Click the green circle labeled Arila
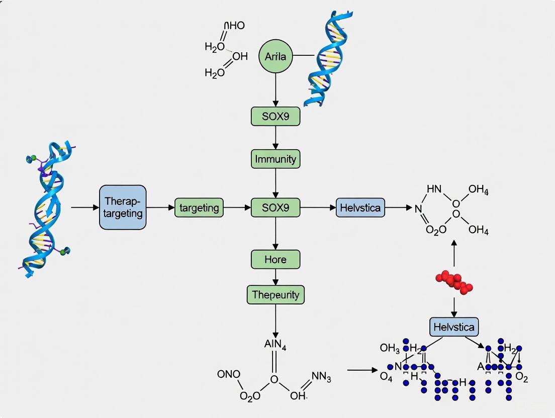pyautogui.click(x=275, y=56)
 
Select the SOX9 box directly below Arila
pyautogui.click(x=275, y=117)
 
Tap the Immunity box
pyautogui.click(x=275, y=159)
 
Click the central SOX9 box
pyautogui.click(x=275, y=207)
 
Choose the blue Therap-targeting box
pyautogui.click(x=123, y=207)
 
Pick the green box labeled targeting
pyautogui.click(x=199, y=207)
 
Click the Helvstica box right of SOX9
pyautogui.click(x=360, y=207)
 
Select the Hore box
pyautogui.click(x=275, y=259)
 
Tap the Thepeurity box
pyautogui.click(x=275, y=294)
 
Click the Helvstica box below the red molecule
pyautogui.click(x=454, y=327)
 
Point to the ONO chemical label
pyautogui.click(x=228, y=374)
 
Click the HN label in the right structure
pyautogui.click(x=433, y=189)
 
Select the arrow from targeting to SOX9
pyautogui.click(x=237, y=207)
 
